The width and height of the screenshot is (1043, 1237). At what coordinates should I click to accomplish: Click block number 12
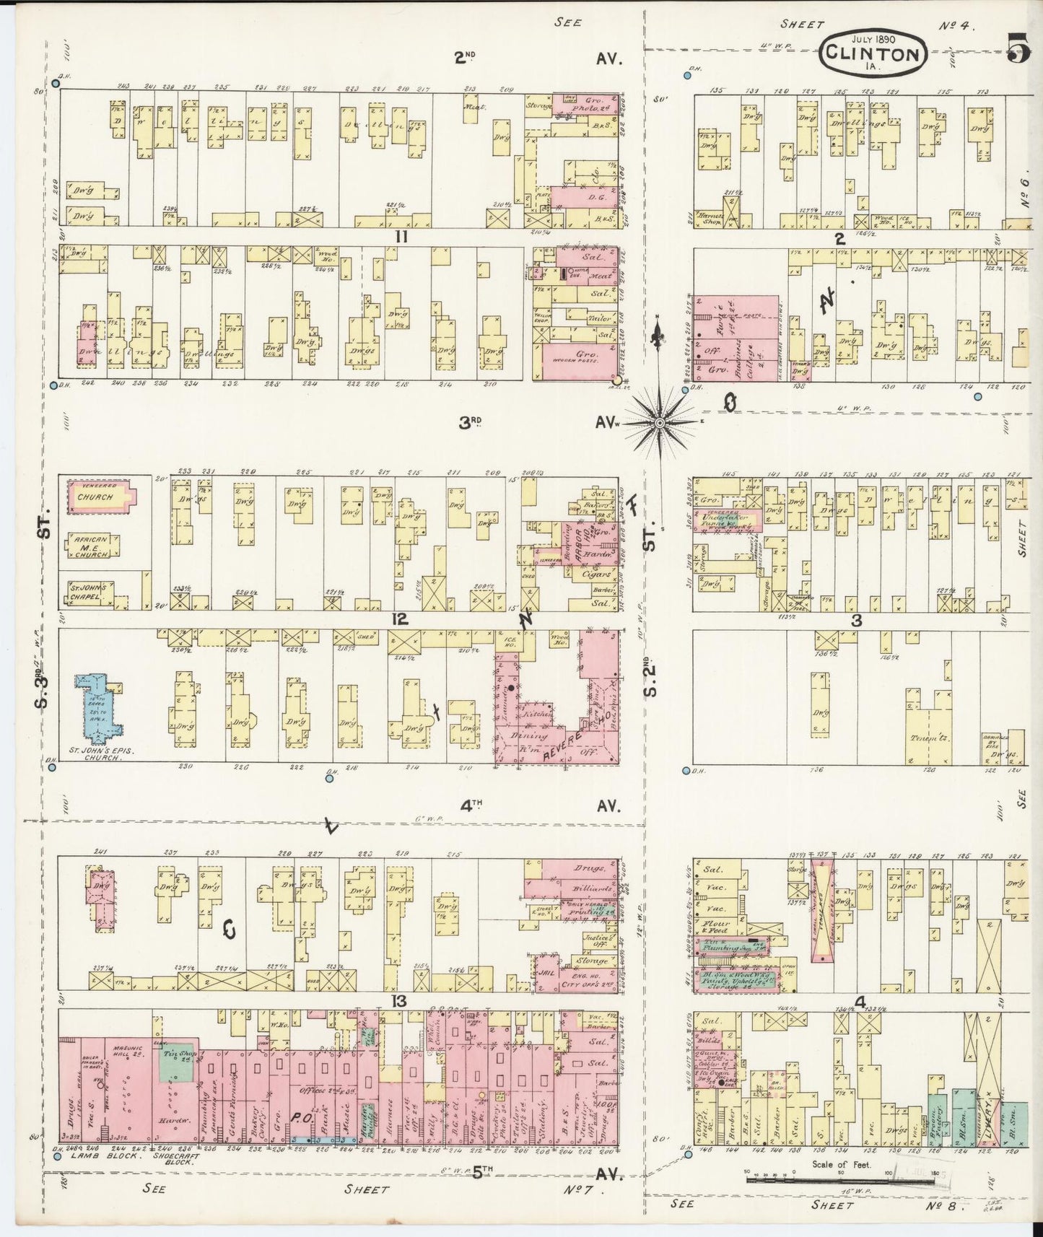point(400,619)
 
